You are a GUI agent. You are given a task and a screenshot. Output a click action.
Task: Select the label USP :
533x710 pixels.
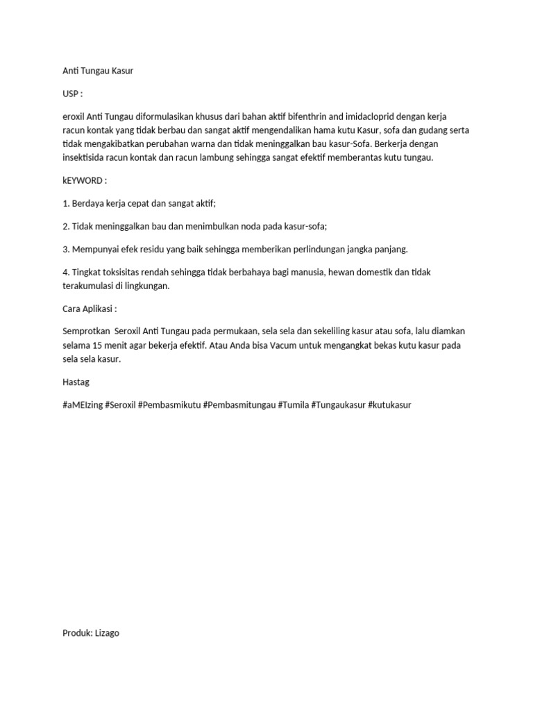pos(72,94)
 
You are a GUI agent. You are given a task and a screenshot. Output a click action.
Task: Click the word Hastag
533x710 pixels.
pos(76,381)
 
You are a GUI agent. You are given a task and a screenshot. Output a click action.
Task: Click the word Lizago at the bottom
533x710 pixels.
pos(106,632)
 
